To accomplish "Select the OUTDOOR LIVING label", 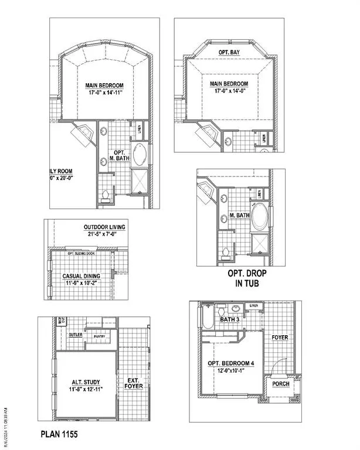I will coord(104,227).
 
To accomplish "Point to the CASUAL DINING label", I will coord(81,276).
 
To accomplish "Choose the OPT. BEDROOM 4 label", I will coord(231,363).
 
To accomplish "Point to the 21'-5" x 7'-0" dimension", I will coord(104,234).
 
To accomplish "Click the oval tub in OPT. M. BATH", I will coord(141,156).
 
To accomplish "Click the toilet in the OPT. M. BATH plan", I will coord(106,195).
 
